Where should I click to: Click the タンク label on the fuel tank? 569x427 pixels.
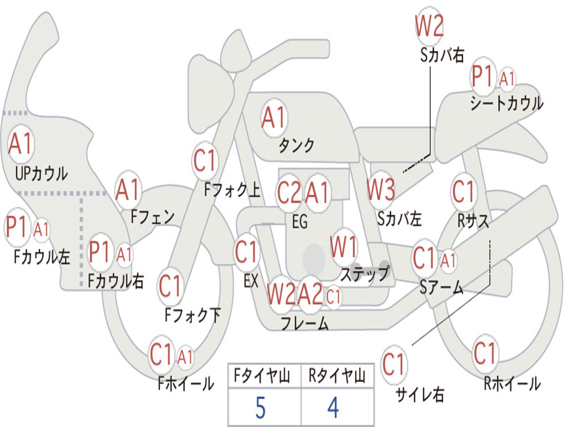pyautogui.click(x=296, y=146)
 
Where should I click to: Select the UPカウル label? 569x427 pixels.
pyautogui.click(x=41, y=173)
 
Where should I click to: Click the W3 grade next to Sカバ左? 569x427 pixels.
pyautogui.click(x=381, y=191)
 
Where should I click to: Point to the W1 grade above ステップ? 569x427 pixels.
pyautogui.click(x=344, y=247)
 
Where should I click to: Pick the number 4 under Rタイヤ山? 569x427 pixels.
pyautogui.click(x=333, y=409)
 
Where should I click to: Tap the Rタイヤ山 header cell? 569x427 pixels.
pyautogui.click(x=337, y=378)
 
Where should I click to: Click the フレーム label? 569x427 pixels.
pyautogui.click(x=305, y=324)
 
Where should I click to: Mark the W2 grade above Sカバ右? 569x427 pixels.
pyautogui.click(x=430, y=26)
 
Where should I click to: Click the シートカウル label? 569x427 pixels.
pyautogui.click(x=506, y=104)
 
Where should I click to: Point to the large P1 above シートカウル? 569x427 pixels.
pyautogui.click(x=482, y=77)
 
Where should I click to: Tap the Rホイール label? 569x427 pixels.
pyautogui.click(x=512, y=383)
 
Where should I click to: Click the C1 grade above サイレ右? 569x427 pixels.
pyautogui.click(x=394, y=365)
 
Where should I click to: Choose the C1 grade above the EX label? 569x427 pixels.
pyautogui.click(x=247, y=252)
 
